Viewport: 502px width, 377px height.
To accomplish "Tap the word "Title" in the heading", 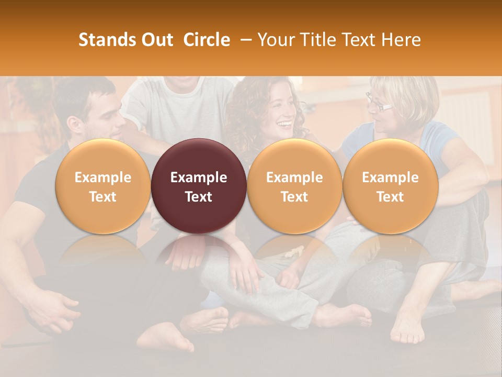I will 317,40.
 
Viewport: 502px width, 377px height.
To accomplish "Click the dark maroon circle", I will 199,186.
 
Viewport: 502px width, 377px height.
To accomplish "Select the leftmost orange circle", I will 102,186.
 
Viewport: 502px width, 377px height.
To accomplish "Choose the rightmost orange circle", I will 390,186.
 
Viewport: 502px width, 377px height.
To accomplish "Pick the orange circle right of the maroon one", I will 294,186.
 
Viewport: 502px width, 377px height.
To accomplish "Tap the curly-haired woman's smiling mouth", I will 285,125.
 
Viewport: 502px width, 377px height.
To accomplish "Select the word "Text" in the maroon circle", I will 199,197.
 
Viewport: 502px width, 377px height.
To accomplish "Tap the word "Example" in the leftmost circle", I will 102,178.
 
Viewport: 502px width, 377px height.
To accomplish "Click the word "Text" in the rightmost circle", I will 390,197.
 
